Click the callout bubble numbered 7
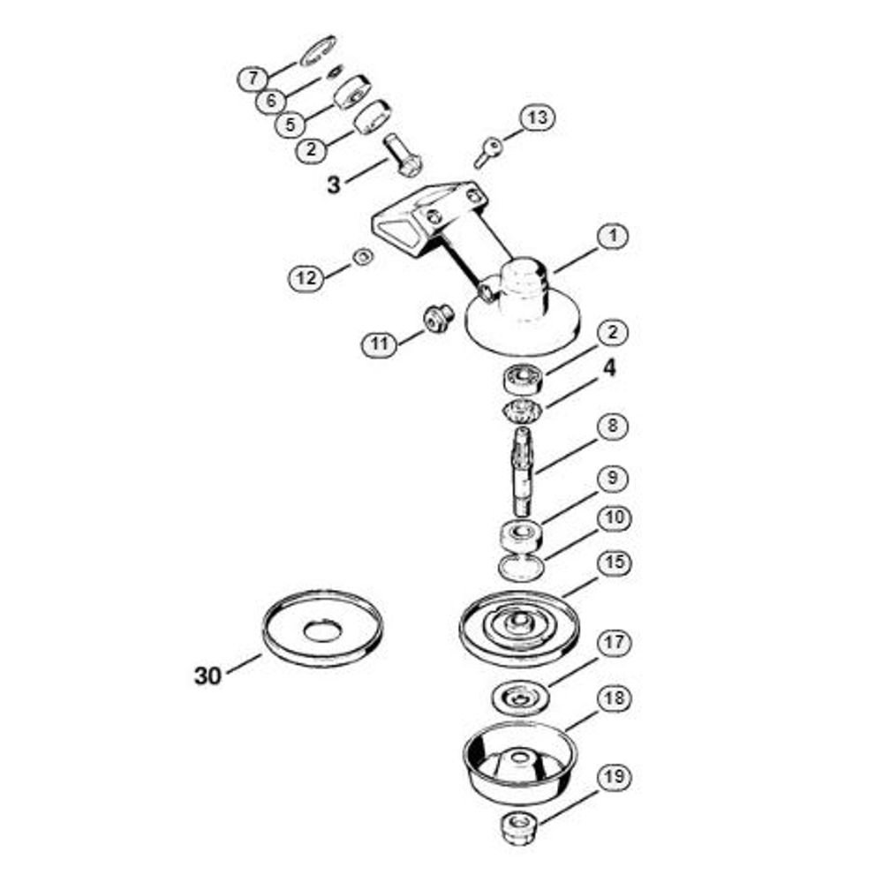click(x=253, y=78)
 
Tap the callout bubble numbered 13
click(x=537, y=117)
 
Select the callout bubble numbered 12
click(x=306, y=277)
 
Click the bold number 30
click(x=208, y=675)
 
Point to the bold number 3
click(x=334, y=185)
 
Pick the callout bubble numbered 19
click(x=614, y=777)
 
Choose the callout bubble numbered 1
click(x=613, y=236)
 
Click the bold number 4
click(x=609, y=368)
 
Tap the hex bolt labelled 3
click(x=403, y=155)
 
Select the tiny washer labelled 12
click(x=363, y=257)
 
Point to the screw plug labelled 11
click(x=438, y=318)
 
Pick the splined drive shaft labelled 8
click(x=523, y=471)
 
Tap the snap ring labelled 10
click(x=522, y=567)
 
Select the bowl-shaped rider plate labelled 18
click(x=520, y=763)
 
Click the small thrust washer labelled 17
click(x=520, y=698)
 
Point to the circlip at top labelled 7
click(x=318, y=51)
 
